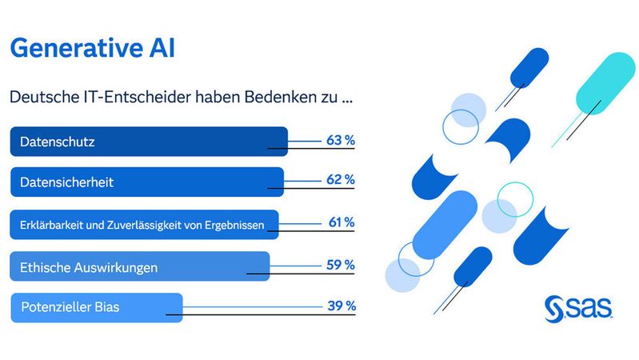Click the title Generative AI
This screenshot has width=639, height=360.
[x=92, y=47]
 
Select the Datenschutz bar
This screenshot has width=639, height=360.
[x=148, y=141]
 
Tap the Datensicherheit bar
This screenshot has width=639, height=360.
[x=146, y=182]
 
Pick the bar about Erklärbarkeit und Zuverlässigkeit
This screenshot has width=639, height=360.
[x=144, y=225]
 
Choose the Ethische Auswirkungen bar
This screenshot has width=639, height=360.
[x=140, y=266]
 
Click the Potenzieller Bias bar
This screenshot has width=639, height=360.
[x=96, y=307]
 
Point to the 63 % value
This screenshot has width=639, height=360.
[x=341, y=140]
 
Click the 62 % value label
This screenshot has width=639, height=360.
[x=341, y=180]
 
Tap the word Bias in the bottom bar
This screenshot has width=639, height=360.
[x=105, y=307]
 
